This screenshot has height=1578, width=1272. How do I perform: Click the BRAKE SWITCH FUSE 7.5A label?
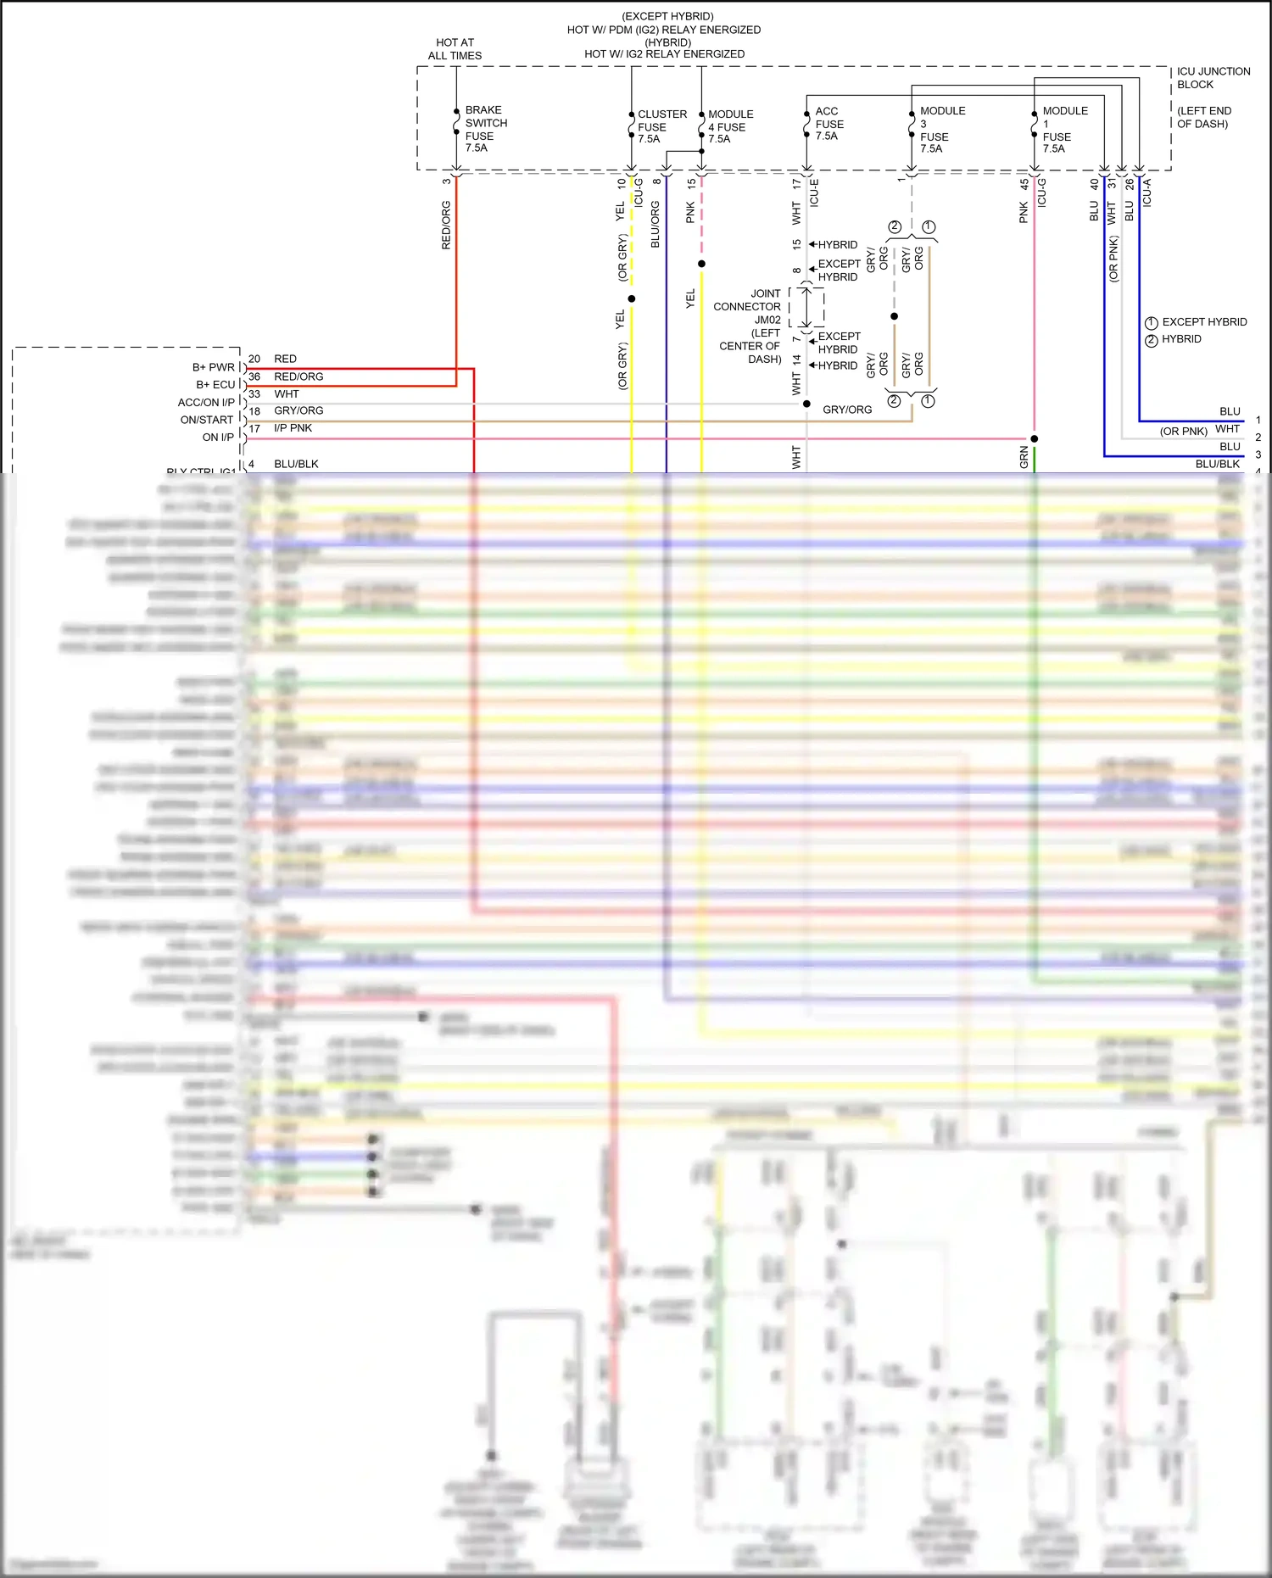pos(485,129)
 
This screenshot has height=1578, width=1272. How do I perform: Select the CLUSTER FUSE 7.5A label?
pos(661,126)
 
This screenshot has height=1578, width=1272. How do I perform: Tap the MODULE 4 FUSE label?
pos(730,126)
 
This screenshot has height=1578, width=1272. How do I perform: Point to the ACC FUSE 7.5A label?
pos(828,124)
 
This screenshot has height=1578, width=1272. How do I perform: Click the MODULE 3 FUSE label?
pos(941,130)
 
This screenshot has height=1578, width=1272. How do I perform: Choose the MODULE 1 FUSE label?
pos(1064,130)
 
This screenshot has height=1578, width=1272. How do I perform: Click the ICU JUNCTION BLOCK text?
pos(1213,78)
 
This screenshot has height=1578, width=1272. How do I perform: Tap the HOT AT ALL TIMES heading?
pos(455,49)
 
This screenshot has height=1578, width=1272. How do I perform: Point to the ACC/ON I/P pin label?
pos(206,403)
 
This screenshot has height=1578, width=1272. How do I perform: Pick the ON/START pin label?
pos(206,420)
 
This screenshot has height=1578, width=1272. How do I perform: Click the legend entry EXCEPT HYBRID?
pos(1203,322)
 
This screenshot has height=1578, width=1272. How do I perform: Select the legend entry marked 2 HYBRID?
pos(1180,339)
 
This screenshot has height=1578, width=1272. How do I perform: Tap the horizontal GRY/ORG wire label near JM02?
pos(846,410)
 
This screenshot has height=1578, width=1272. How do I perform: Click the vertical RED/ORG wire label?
pos(446,226)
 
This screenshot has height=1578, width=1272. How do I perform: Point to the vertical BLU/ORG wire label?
pos(655,225)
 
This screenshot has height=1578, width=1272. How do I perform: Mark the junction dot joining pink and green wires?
pos(1035,438)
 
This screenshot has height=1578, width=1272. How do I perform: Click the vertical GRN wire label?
pos(1024,458)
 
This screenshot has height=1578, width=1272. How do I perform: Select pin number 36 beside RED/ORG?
pos(254,376)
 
